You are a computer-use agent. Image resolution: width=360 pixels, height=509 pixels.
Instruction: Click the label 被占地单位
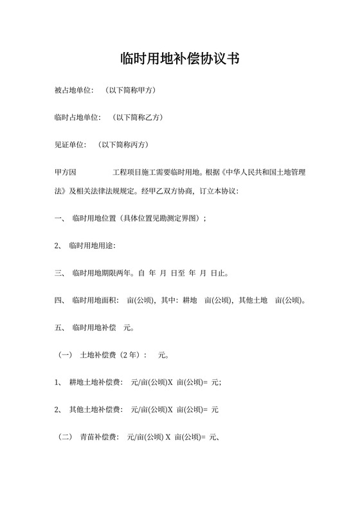click(x=74, y=90)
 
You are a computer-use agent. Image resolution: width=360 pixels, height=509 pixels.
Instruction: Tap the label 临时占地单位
click(x=78, y=118)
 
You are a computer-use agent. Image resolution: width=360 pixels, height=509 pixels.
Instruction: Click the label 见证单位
click(x=70, y=145)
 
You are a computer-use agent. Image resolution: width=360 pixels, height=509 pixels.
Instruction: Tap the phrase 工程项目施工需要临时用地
click(x=157, y=173)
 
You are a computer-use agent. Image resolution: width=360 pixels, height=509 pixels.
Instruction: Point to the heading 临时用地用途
click(x=91, y=246)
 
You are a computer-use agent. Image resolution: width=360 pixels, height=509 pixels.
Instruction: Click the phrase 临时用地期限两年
click(x=102, y=274)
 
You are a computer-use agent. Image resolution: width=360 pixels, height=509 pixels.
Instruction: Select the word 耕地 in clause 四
click(x=190, y=301)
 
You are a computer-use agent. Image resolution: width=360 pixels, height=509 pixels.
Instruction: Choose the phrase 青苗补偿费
click(x=98, y=438)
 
